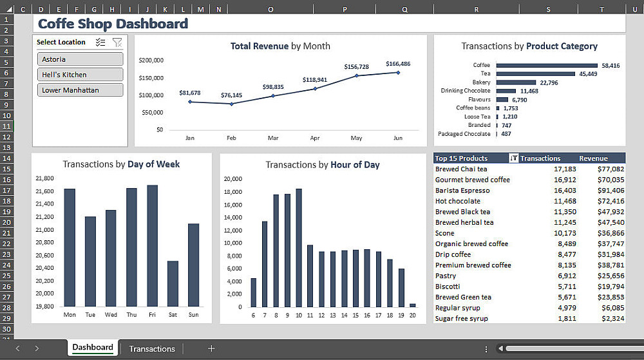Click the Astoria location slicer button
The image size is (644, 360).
click(x=80, y=59)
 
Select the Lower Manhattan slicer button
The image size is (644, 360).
click(x=80, y=90)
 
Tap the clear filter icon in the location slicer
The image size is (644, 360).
click(x=117, y=43)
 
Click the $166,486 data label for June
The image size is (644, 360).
click(x=398, y=64)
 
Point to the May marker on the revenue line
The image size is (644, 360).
click(x=357, y=76)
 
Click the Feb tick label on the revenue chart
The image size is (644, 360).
click(x=231, y=138)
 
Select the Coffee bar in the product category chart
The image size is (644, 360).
click(x=547, y=65)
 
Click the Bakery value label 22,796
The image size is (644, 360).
click(x=549, y=82)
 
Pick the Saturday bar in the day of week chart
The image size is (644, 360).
click(x=173, y=283)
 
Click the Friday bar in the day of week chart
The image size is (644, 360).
click(x=152, y=245)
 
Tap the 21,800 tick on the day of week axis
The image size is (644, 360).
click(x=44, y=178)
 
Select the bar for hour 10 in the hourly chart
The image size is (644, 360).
click(x=299, y=248)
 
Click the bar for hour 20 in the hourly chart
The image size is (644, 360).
click(x=412, y=305)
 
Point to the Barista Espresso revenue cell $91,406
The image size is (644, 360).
click(x=610, y=191)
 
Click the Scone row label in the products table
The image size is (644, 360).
click(x=445, y=233)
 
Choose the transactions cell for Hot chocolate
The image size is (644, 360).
click(x=565, y=201)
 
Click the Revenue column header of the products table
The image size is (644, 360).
click(x=593, y=158)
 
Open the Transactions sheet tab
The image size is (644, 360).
click(x=151, y=348)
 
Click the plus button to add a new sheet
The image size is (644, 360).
click(x=211, y=348)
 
